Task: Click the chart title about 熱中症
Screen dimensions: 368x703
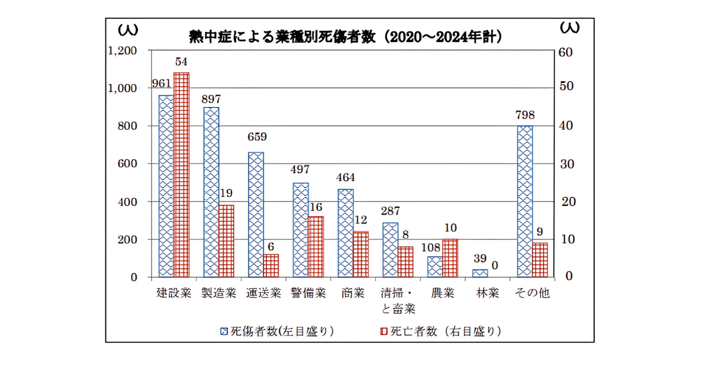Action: click(x=346, y=37)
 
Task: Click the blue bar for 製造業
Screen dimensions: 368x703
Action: click(x=211, y=192)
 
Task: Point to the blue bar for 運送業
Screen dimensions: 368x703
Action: click(x=255, y=214)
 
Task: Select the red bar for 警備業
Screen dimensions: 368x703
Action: click(x=315, y=247)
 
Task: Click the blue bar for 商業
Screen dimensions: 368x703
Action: click(x=345, y=233)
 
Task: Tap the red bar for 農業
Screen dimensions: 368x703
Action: click(x=450, y=258)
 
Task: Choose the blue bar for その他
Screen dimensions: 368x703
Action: click(x=525, y=201)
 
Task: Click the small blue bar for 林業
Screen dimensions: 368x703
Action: click(x=479, y=273)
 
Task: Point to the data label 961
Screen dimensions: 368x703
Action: click(x=161, y=84)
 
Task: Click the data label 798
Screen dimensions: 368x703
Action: click(x=525, y=115)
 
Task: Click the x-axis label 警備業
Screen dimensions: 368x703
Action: click(x=309, y=293)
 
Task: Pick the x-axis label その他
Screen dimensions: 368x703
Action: click(x=532, y=293)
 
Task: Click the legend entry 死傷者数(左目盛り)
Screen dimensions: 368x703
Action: click(x=277, y=331)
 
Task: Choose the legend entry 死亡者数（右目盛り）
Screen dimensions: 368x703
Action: click(x=440, y=331)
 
